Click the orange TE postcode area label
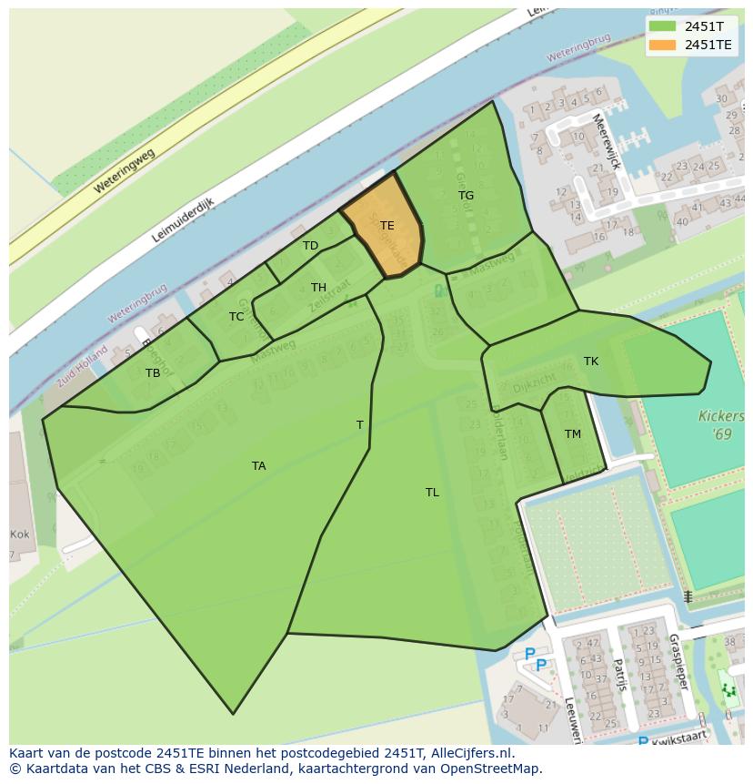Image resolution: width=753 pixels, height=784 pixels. pyautogui.click(x=387, y=226)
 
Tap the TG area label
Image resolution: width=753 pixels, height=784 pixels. pyautogui.click(x=466, y=196)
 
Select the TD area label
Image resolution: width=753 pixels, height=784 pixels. pyautogui.click(x=311, y=246)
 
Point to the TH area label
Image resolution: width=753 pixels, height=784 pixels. pyautogui.click(x=318, y=288)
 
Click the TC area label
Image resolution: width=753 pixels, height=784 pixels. pyautogui.click(x=236, y=317)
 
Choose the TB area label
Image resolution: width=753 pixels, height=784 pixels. pyautogui.click(x=153, y=373)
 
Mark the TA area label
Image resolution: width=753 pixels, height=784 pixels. pyautogui.click(x=259, y=466)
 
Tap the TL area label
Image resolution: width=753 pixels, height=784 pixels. pyautogui.click(x=432, y=493)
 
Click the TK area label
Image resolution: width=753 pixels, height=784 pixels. pyautogui.click(x=591, y=361)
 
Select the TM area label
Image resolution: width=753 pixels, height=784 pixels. pyautogui.click(x=573, y=434)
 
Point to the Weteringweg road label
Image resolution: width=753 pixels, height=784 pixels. pyautogui.click(x=124, y=172)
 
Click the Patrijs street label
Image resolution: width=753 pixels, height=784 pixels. pyautogui.click(x=619, y=676)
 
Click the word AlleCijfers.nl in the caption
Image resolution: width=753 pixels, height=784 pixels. pyautogui.click(x=472, y=753)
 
